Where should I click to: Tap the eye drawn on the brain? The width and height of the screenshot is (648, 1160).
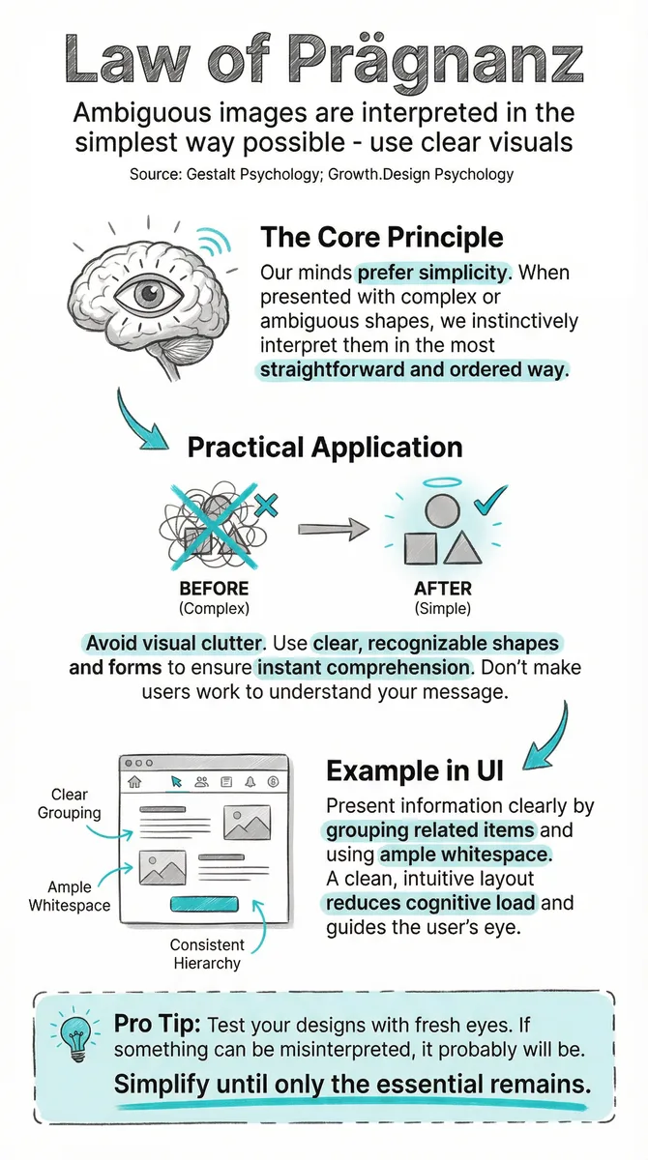tap(149, 295)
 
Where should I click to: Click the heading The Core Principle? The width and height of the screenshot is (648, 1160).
tap(382, 238)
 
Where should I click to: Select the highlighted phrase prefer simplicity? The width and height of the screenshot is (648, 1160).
tap(432, 273)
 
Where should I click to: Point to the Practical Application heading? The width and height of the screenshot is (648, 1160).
tap(325, 447)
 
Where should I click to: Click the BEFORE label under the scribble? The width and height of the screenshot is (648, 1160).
tap(214, 589)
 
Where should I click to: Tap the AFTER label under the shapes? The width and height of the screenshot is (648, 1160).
tap(443, 589)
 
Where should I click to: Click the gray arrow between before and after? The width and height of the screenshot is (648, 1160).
tap(333, 529)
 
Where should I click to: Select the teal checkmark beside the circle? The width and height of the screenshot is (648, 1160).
tap(490, 500)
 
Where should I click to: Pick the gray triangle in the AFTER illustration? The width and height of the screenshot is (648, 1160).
tap(462, 549)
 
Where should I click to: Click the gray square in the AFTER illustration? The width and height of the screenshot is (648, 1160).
tap(420, 549)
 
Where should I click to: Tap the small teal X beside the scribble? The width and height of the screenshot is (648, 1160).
tap(266, 506)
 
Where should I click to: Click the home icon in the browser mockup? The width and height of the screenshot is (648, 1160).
tap(134, 781)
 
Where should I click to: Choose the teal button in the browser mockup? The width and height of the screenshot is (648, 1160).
tap(205, 904)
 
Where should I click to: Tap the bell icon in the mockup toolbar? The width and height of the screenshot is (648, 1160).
tap(250, 781)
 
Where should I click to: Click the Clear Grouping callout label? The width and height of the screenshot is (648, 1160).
tap(70, 803)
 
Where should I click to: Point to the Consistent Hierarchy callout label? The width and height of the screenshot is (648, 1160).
tap(207, 954)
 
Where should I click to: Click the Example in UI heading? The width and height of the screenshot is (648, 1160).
tap(415, 770)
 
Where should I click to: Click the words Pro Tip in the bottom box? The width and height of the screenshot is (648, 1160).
tap(157, 1024)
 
